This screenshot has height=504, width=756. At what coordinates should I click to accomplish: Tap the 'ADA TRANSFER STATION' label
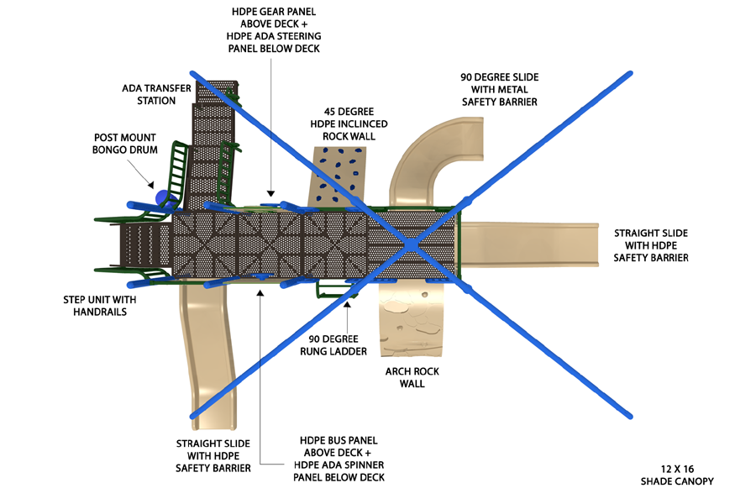tap(156, 95)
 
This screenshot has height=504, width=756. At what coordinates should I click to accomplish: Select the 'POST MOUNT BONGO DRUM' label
tap(125, 144)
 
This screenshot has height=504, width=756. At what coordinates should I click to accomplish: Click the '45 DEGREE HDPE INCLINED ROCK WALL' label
tap(349, 124)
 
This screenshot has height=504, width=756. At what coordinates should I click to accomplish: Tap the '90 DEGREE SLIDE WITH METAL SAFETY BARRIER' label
tap(500, 89)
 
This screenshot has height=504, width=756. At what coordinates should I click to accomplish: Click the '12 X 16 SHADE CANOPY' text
tap(677, 475)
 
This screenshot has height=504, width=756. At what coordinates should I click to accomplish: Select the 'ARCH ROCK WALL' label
tap(412, 378)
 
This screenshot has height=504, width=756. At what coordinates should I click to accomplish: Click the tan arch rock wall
tap(412, 319)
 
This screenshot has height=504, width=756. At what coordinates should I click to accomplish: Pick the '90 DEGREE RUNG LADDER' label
tap(333, 345)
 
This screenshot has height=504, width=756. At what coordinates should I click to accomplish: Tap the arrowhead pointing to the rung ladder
tap(347, 305)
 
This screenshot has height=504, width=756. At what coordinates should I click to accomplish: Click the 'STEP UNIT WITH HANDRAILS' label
tap(100, 306)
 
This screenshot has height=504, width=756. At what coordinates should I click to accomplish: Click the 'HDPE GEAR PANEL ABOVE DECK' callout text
tap(274, 18)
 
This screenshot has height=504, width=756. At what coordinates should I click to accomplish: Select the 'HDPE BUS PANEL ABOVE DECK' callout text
tap(339, 447)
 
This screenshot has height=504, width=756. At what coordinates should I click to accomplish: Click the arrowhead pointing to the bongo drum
tap(151, 185)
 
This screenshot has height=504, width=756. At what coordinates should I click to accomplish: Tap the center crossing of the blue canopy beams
tap(411, 245)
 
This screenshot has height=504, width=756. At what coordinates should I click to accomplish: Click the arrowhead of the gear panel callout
tap(271, 193)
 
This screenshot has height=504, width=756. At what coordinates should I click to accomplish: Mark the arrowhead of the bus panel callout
tap(260, 292)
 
